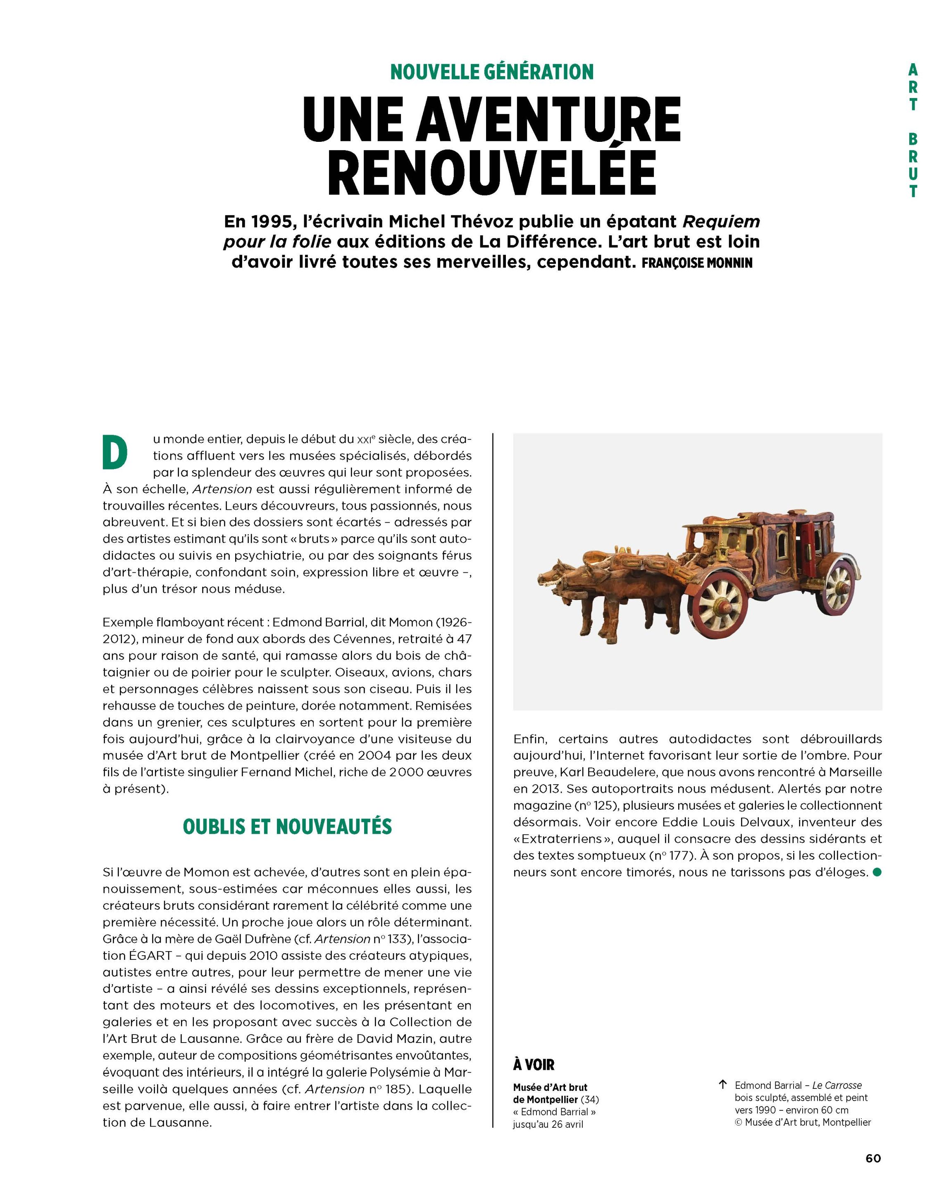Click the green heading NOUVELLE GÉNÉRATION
coord(491,72)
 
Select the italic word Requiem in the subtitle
coord(721,222)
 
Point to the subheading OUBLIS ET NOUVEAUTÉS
coord(287,826)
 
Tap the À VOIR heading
coord(533,1064)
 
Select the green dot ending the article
coord(877,872)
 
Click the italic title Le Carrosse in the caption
coord(837,1085)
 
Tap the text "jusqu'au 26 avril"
coord(548,1124)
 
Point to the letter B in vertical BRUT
coord(913,140)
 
